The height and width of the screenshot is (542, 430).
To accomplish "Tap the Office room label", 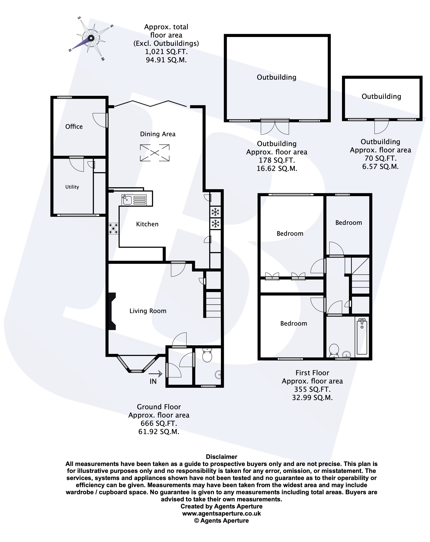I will pyautogui.click(x=74, y=126).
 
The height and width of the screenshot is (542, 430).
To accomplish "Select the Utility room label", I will pyautogui.click(x=72, y=187).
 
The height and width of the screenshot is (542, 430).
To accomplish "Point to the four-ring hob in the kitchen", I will pyautogui.click(x=113, y=228).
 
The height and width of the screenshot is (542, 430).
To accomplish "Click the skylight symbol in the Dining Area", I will pyautogui.click(x=155, y=153).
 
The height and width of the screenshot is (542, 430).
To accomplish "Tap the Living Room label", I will pyautogui.click(x=148, y=311).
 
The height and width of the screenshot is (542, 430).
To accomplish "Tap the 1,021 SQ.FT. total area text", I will pyautogui.click(x=166, y=52).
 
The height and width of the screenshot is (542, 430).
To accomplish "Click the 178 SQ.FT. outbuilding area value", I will pyautogui.click(x=277, y=160).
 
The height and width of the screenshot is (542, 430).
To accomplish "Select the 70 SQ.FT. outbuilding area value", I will pyautogui.click(x=380, y=158).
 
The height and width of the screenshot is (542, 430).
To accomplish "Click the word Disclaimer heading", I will pyautogui.click(x=221, y=457).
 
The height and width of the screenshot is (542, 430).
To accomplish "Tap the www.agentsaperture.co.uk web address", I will pyautogui.click(x=221, y=514).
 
